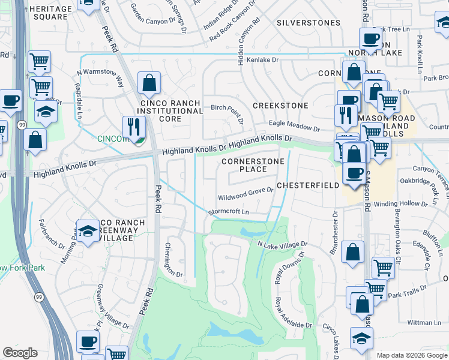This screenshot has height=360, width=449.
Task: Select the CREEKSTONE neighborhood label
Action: [280, 106]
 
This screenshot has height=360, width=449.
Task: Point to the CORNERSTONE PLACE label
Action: [244, 166]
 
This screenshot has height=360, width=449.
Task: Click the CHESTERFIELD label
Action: [308, 186]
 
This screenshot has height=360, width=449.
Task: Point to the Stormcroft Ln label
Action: [228, 212]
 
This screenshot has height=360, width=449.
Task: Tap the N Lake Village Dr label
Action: [282, 244]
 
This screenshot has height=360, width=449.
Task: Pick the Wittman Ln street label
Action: [424, 322]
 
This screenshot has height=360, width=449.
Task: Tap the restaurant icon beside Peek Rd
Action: [133, 127]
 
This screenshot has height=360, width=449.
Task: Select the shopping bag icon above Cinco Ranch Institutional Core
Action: [149, 83]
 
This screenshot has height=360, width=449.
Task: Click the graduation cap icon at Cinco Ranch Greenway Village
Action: [88, 232]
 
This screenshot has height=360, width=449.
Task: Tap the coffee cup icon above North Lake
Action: [370, 39]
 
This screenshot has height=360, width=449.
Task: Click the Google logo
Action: [20, 353]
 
